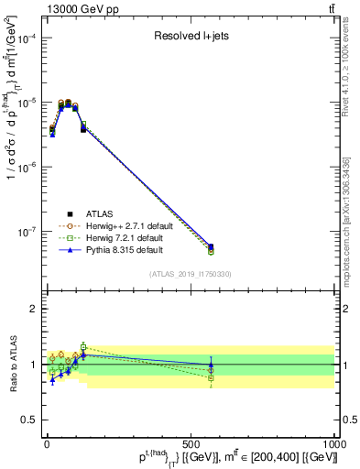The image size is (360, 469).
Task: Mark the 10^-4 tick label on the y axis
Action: pos(24,38)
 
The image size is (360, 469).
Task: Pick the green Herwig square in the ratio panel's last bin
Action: pos(211,377)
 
